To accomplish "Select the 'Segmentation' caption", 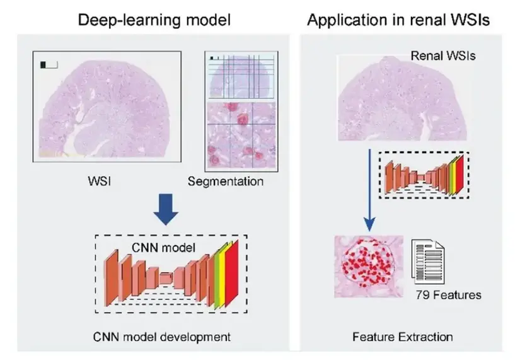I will click(x=226, y=182).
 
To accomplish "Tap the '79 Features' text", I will click(x=448, y=294).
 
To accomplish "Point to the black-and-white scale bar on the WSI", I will click(x=49, y=64).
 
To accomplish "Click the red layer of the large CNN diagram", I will click(x=231, y=277).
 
